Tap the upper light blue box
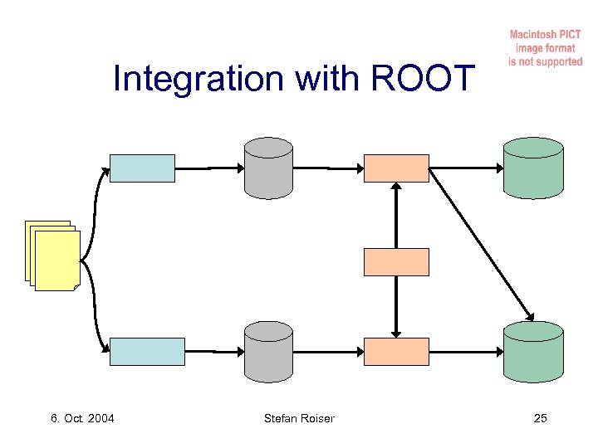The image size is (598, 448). pos(143,168)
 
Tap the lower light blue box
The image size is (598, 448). pos(148,351)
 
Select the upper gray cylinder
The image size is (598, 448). pos(268,168)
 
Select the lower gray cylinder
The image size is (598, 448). pos(268,352)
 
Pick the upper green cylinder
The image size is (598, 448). pos(533,168)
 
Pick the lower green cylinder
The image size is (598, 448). pos(533,352)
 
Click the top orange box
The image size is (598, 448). pos(397,168)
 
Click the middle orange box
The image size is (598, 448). pos(397,262)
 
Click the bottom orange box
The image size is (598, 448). pos(397,351)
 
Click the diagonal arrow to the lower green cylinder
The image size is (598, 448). pos(482,245)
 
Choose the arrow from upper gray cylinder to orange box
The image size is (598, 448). pos(329,168)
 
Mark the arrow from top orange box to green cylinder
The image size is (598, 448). pos(466,168)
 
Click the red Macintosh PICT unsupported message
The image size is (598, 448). pos(546,49)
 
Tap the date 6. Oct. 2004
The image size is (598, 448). pos(82,417)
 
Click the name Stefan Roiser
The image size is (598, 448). pos(299,417)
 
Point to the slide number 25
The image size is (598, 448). pos(540,417)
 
